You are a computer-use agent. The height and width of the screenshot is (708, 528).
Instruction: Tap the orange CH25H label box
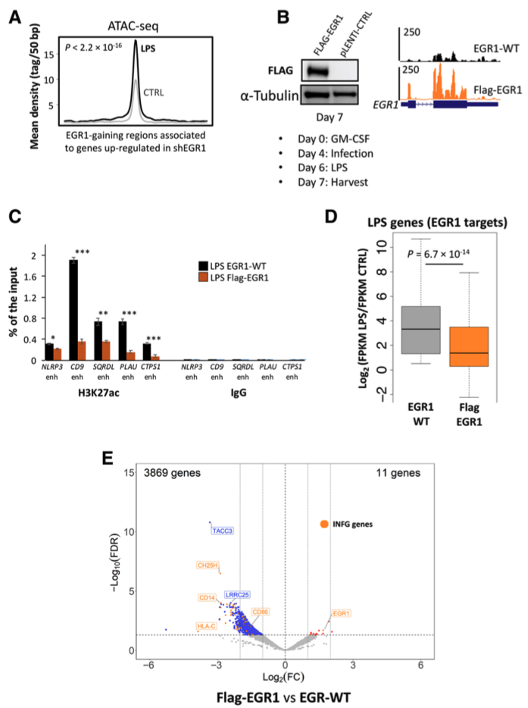pos(208,565)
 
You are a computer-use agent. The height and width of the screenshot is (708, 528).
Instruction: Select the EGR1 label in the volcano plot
pos(342,613)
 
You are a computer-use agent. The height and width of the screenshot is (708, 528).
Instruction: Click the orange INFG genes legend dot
pos(324,524)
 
